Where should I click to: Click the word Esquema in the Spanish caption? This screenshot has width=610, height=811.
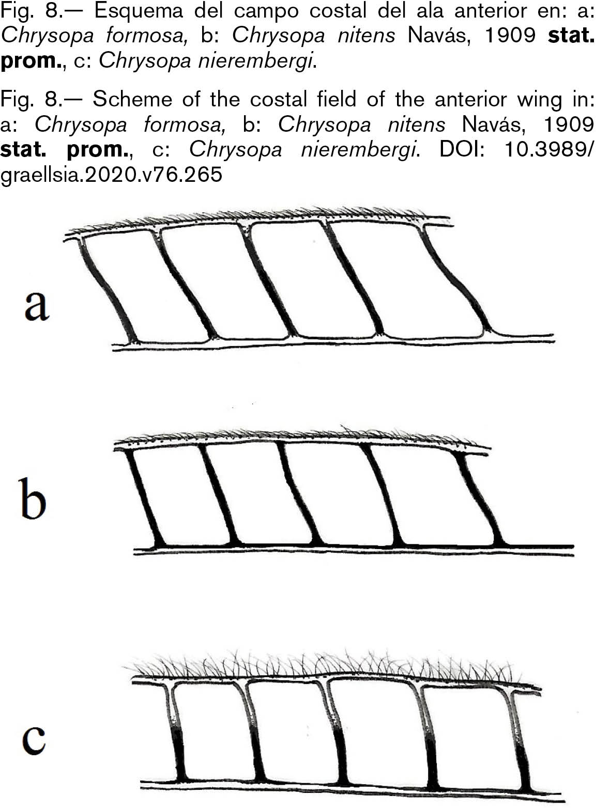139,11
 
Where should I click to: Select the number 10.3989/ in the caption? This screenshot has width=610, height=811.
549,150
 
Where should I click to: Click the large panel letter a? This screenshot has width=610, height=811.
37,306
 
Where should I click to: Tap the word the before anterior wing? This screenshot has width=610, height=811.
409,99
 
